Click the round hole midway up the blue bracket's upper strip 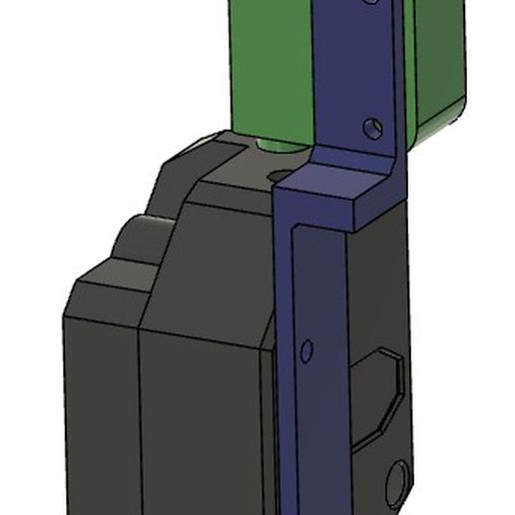pos(371,129)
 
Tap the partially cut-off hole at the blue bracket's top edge pos(371,3)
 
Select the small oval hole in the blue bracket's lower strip pos(306,350)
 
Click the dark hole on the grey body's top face pos(280,176)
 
